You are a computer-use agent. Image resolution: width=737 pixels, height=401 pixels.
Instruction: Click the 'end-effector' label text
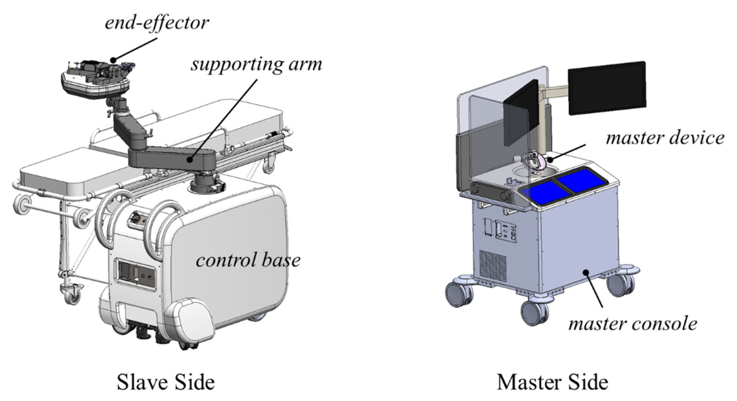pos(156,23)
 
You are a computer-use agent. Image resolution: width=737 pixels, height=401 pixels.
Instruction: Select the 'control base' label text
pos(248,260)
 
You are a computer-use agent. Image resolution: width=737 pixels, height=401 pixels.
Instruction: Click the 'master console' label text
pos(633,324)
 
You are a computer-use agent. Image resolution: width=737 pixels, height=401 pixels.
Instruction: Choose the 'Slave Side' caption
pos(166,382)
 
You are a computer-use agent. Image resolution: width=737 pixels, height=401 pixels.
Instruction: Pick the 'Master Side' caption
pos(552,382)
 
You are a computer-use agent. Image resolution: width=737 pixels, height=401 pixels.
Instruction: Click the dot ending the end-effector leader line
pos(113,60)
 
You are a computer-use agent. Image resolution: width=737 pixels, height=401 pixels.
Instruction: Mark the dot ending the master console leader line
pos(586,271)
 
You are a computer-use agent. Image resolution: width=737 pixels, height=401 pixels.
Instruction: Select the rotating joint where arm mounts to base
pos(207,183)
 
